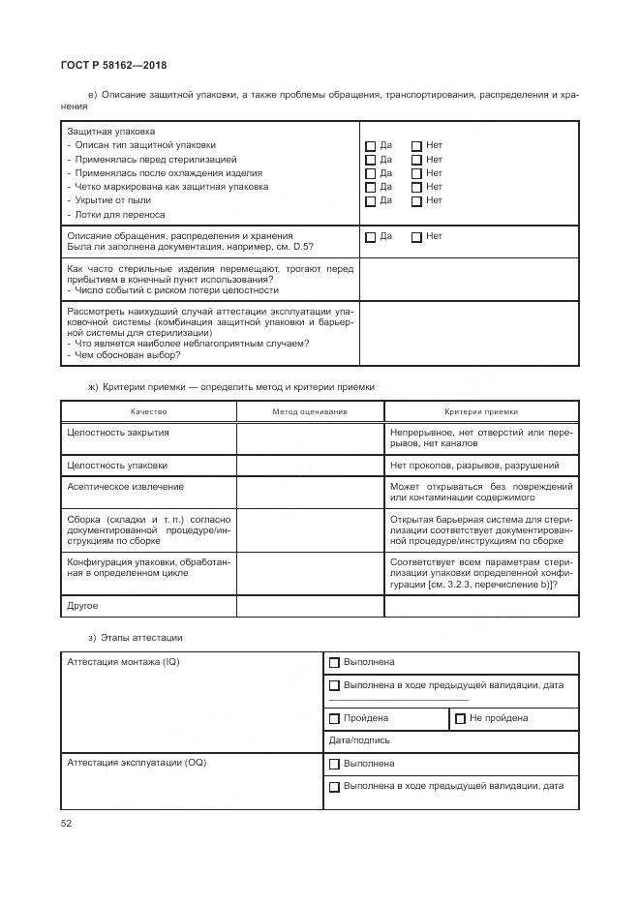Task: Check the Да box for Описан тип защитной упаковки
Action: [x=370, y=147]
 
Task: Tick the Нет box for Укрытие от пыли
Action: [x=416, y=201]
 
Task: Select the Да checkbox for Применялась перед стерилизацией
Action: [x=370, y=161]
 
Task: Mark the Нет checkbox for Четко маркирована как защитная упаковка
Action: [x=416, y=188]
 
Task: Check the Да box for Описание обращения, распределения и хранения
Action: [x=370, y=237]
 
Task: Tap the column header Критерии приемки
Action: [x=481, y=411]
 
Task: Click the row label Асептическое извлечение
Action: [x=125, y=487]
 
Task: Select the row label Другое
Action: [x=82, y=606]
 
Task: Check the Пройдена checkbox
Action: [x=335, y=719]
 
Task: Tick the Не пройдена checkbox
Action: [x=460, y=719]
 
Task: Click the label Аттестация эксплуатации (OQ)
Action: [x=137, y=763]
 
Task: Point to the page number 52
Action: [x=67, y=824]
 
